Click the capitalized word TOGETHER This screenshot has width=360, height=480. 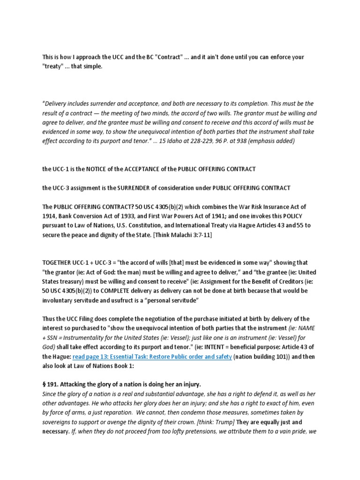(x=59, y=262)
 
